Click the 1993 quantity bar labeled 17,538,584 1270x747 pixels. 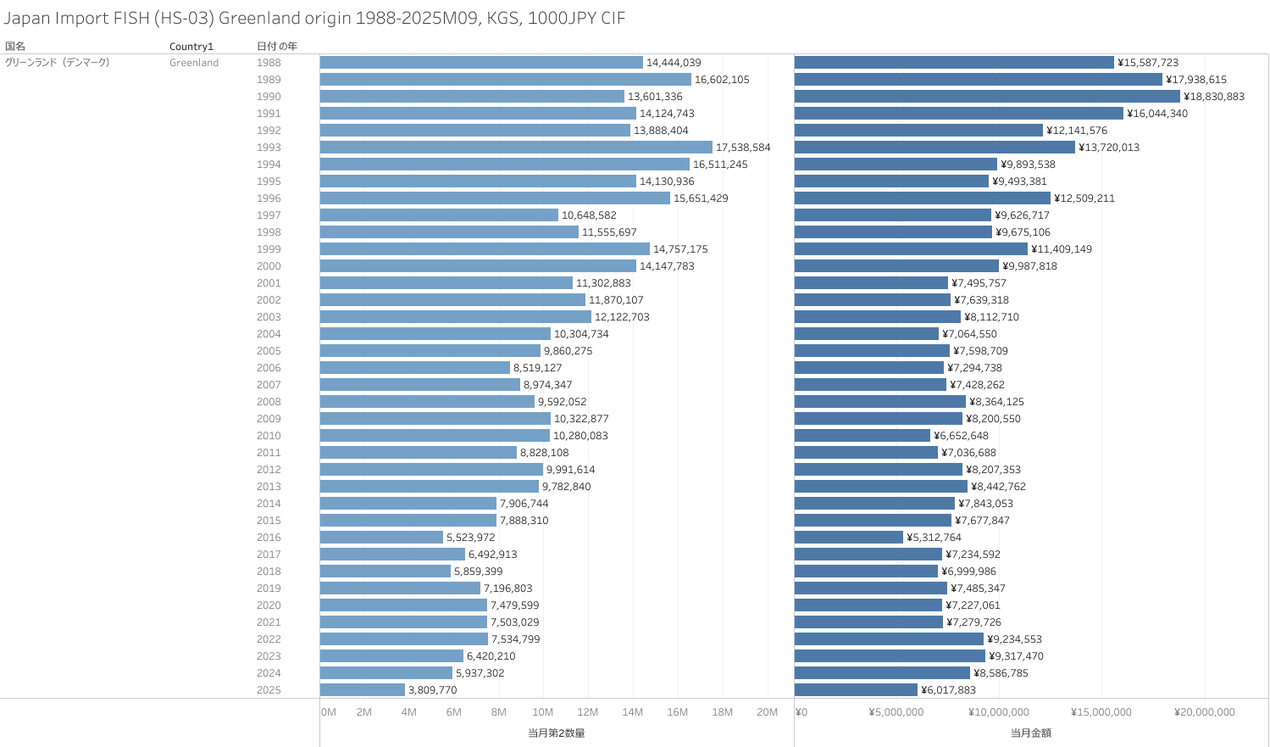tap(516, 148)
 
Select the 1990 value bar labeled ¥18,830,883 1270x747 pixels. tap(987, 97)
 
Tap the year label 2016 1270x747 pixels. tap(269, 538)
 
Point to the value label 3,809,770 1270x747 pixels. tap(432, 690)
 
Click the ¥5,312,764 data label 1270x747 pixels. tap(934, 538)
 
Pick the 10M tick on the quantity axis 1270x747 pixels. tap(542, 712)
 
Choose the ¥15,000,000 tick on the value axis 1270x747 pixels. tap(1101, 712)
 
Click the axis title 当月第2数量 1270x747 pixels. tap(557, 733)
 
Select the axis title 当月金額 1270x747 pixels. tap(1030, 733)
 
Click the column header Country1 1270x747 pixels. tap(191, 47)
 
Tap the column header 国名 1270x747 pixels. tap(15, 46)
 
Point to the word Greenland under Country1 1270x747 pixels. tap(194, 63)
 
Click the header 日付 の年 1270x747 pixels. tap(276, 46)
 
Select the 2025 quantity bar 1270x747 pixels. tap(363, 690)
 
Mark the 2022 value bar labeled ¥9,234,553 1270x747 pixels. tap(889, 639)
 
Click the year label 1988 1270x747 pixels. tap(269, 63)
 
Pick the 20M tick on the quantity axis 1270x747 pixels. tap(767, 712)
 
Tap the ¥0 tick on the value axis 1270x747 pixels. tap(801, 712)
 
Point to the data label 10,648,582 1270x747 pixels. tap(589, 215)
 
